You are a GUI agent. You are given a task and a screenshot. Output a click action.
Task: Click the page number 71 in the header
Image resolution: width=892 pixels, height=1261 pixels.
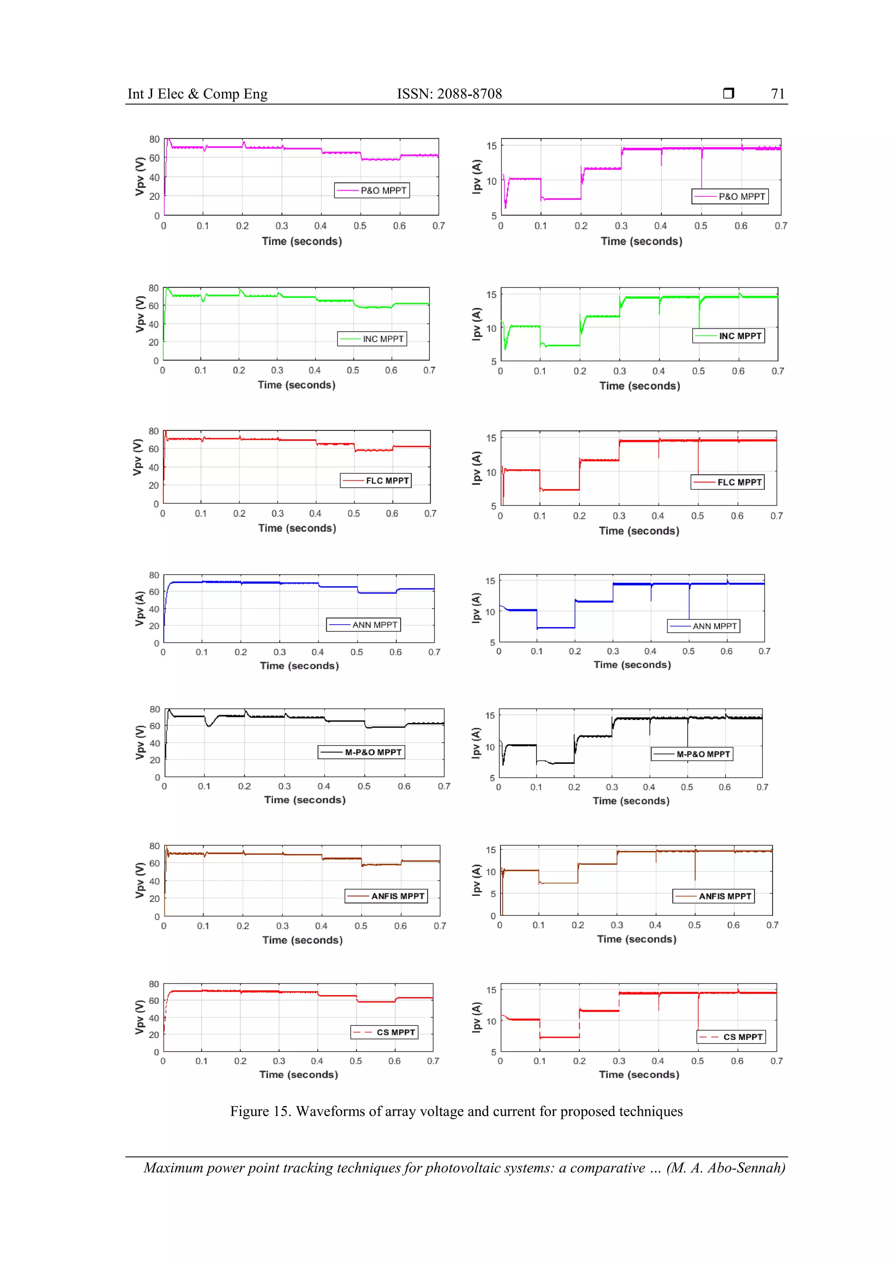[x=777, y=94]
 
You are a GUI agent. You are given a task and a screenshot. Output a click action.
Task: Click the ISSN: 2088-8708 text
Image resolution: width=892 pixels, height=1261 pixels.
[x=449, y=94]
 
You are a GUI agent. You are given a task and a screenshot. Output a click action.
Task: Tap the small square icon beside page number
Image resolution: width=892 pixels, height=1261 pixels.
[x=728, y=93]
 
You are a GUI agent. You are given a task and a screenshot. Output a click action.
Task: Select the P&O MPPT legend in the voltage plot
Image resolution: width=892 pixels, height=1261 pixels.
[x=372, y=191]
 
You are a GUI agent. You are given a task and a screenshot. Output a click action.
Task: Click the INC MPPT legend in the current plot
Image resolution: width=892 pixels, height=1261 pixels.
[x=728, y=336]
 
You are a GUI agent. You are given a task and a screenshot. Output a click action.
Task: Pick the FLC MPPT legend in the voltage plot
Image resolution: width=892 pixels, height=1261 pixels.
[x=376, y=481]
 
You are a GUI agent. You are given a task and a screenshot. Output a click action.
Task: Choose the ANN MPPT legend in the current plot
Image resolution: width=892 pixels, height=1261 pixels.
[x=703, y=626]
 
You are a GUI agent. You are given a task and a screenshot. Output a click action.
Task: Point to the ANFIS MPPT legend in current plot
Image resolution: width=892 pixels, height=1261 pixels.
[x=713, y=896]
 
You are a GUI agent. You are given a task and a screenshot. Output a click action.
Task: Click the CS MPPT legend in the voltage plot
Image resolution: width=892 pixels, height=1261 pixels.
[x=384, y=1032]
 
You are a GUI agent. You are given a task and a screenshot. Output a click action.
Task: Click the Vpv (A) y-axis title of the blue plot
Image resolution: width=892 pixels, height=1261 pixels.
[x=140, y=609]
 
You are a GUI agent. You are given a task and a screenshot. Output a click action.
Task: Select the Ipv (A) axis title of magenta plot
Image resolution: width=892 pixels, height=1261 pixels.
[x=476, y=177]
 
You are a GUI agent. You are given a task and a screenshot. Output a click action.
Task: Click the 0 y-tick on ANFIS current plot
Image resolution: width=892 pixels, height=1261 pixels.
[x=493, y=915]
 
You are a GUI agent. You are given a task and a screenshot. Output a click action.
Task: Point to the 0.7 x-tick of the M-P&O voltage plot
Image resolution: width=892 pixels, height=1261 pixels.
[x=443, y=787]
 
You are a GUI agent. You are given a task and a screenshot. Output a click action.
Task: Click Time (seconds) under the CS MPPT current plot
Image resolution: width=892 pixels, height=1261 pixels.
[x=639, y=1074]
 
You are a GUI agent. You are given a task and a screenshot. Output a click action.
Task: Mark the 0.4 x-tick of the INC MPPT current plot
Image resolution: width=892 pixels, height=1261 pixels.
[x=659, y=371]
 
